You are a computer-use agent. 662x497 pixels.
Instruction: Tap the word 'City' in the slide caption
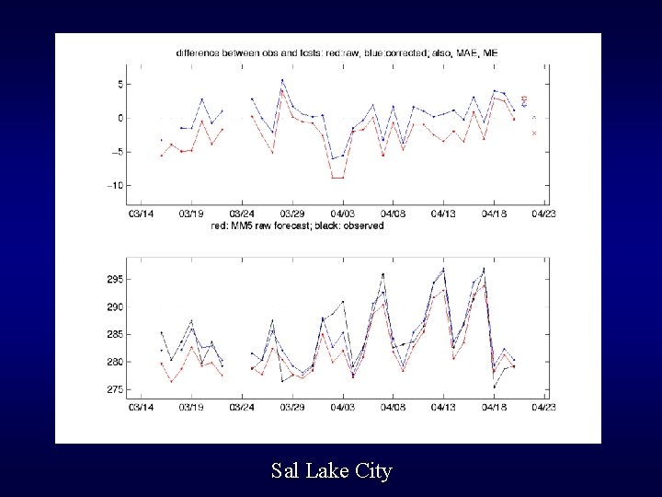click(371, 471)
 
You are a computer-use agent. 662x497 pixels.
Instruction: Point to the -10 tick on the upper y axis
click(115, 185)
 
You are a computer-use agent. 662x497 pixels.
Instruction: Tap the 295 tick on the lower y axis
click(114, 279)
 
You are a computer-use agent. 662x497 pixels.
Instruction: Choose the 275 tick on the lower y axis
click(114, 390)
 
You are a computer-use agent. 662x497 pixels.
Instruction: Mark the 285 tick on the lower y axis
click(114, 335)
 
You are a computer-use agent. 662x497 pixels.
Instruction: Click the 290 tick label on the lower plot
click(114, 306)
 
